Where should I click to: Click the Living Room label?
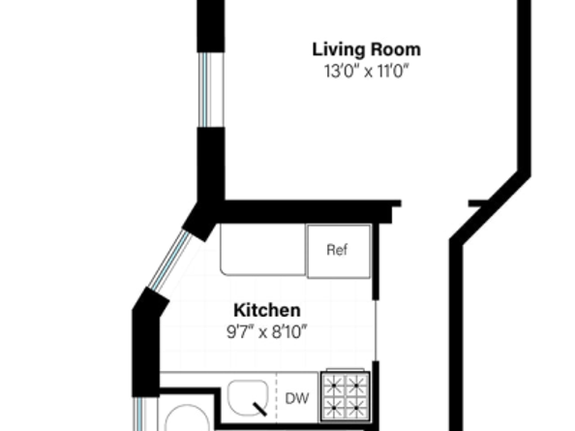coord(366,49)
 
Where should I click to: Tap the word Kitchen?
coord(266,311)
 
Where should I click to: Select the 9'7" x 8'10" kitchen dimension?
coord(266,330)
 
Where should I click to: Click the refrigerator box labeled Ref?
coord(336,251)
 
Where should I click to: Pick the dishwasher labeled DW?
coord(296,397)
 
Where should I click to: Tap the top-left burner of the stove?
coord(334,385)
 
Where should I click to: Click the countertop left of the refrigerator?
coord(261,251)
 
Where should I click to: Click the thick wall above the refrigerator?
coord(310,211)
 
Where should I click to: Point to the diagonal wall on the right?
coord(489,207)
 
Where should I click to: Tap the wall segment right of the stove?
coord(376,392)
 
